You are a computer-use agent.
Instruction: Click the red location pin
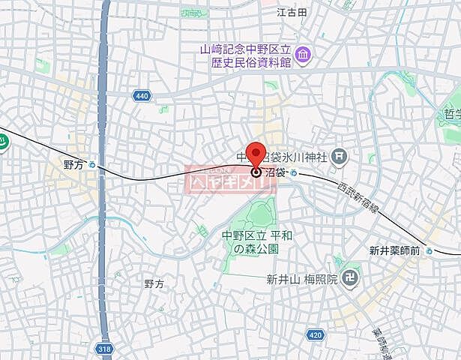256,154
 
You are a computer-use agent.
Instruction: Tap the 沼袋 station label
275,172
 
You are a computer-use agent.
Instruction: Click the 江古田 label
292,12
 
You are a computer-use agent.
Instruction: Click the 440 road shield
142,95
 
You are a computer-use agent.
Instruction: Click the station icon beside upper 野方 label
92,166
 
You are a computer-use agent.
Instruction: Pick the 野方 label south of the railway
154,283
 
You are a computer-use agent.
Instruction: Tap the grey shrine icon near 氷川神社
340,156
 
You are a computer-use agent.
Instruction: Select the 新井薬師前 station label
394,250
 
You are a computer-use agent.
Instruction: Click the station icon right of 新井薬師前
429,250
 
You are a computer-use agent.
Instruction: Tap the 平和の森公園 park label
250,241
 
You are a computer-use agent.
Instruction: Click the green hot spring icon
2,140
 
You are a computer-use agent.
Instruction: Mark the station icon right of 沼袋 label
294,173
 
